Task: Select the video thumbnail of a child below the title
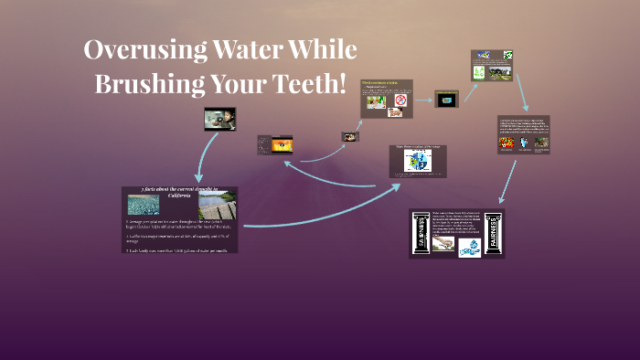tap(219, 119)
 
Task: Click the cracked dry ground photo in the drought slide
tap(143, 204)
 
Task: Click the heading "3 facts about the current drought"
tap(178, 190)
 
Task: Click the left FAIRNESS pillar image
tap(422, 234)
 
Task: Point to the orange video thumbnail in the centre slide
tap(277, 144)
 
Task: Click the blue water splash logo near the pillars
tap(470, 248)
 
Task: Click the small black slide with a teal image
tap(446, 100)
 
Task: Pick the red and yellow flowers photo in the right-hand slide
tap(505, 143)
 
